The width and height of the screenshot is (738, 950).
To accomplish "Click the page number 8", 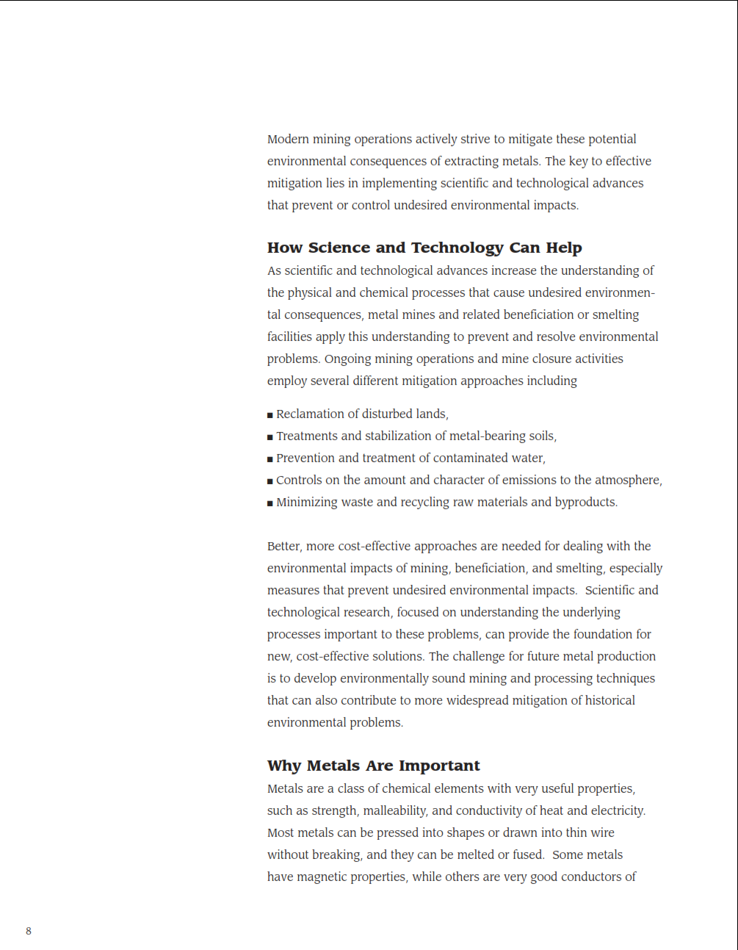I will click(29, 931).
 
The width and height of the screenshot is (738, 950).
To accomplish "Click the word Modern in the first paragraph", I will click(288, 139).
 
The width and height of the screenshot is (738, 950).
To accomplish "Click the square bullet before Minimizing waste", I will click(270, 503).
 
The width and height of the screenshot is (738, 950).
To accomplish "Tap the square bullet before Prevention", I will click(270, 459).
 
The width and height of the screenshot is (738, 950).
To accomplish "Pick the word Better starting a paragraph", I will click(284, 546).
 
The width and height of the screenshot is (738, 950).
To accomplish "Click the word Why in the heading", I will click(284, 766).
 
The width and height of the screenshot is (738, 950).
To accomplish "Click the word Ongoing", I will click(348, 359).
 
